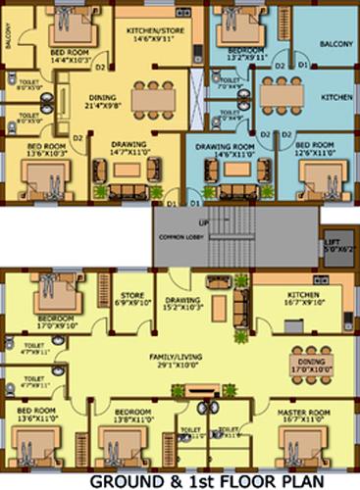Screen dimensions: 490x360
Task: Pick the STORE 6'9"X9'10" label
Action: tap(131, 296)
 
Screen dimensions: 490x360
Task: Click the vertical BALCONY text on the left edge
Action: tap(8, 35)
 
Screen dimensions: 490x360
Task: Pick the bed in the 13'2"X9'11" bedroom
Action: tap(237, 19)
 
